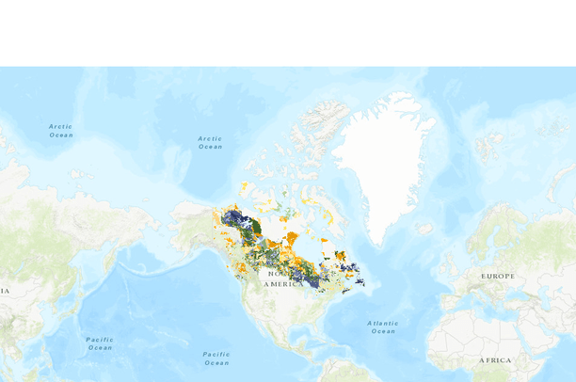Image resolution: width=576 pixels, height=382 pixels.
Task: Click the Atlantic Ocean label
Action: [x=383, y=326]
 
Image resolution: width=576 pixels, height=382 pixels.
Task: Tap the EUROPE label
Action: [x=498, y=276]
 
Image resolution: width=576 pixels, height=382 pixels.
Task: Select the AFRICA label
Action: [x=495, y=360]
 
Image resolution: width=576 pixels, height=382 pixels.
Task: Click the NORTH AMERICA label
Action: [x=283, y=279]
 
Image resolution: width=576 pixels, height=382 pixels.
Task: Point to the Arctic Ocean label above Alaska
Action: [x=210, y=142]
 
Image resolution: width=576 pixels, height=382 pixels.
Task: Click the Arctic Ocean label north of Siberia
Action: [x=61, y=130]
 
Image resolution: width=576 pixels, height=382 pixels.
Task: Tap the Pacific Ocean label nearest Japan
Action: [x=100, y=342]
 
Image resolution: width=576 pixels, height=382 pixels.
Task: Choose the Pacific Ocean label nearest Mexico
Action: [x=216, y=358]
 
